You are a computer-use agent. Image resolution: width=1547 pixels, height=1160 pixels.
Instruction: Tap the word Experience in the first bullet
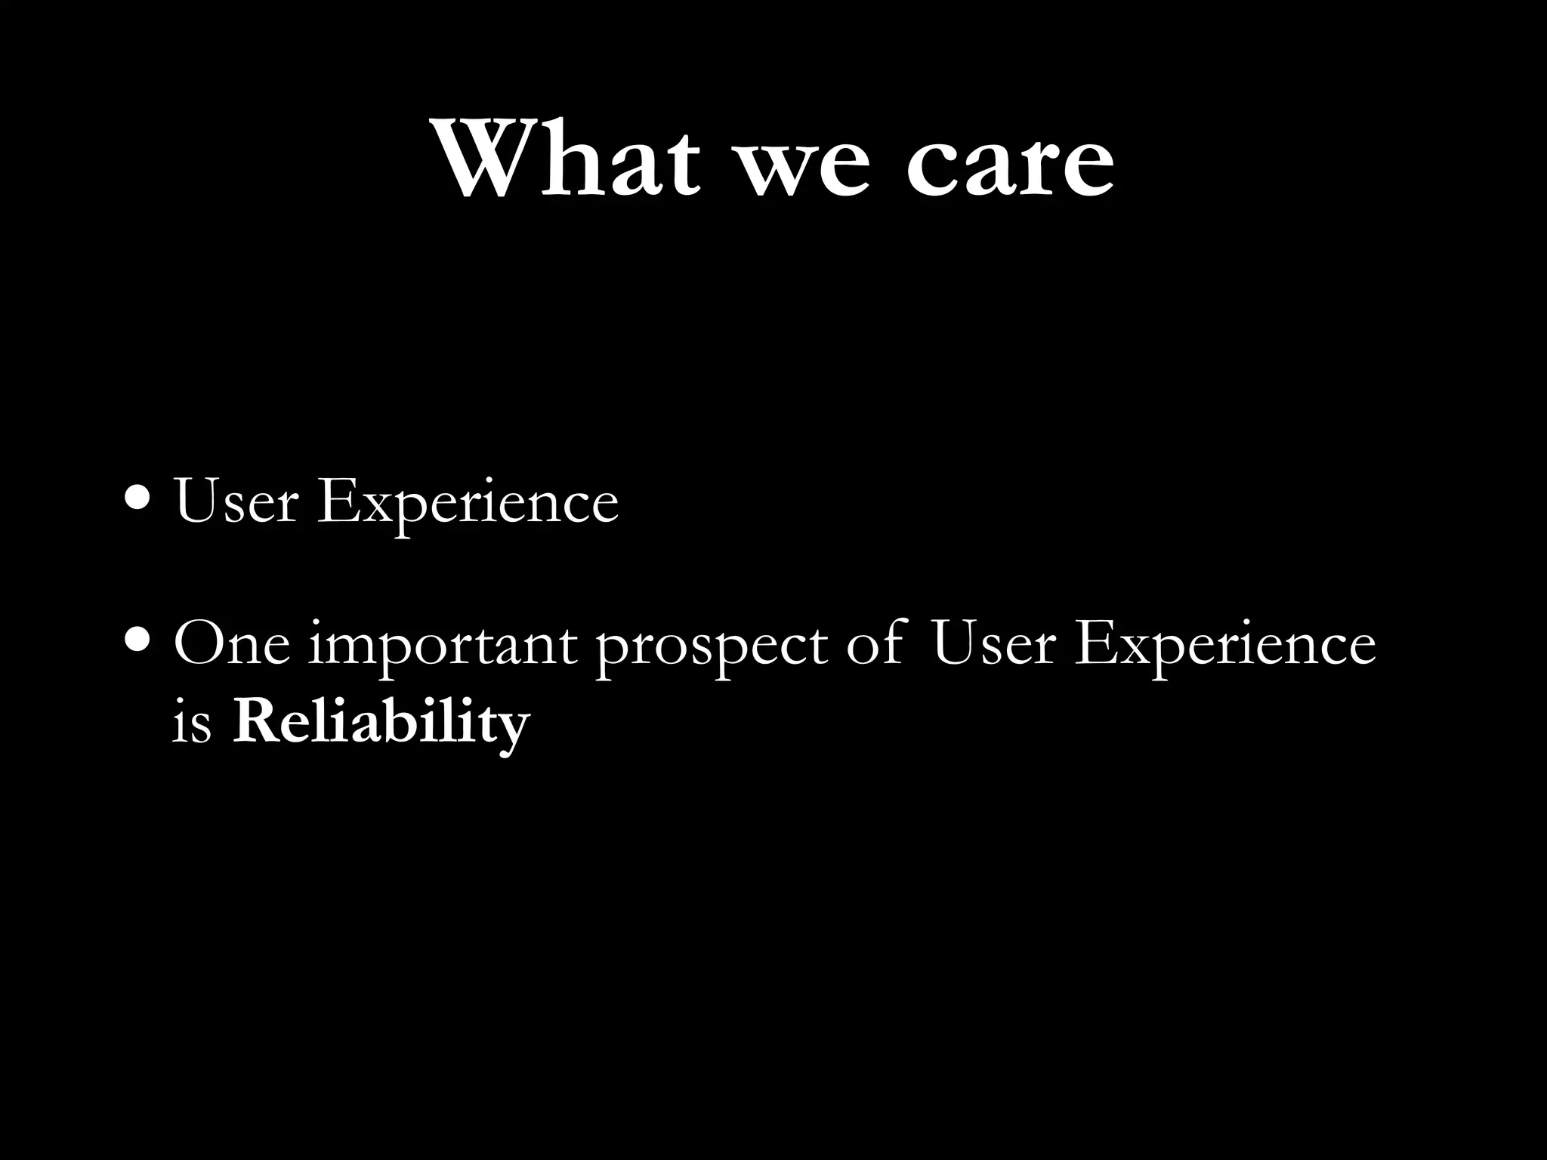468,504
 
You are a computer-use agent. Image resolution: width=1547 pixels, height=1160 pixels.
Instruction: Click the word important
442,648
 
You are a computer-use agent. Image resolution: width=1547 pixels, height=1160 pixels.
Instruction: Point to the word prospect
711,648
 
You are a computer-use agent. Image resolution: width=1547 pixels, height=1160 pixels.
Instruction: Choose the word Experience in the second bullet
1224,648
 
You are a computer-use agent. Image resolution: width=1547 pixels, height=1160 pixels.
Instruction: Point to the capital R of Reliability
255,721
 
